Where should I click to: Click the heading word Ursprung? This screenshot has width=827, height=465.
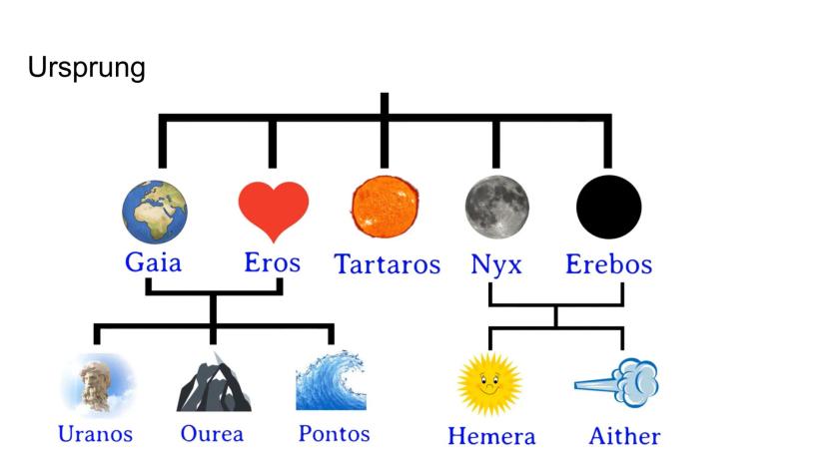[x=87, y=69]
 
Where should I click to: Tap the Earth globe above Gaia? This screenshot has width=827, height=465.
[x=155, y=212]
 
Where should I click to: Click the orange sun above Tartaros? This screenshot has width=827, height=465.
[x=385, y=207]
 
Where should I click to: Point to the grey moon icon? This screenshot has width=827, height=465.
[x=496, y=207]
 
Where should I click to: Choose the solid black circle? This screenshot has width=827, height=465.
[x=608, y=207]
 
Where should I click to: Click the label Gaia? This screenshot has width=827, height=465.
[x=153, y=262]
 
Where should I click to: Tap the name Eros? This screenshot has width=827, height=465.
[x=272, y=262]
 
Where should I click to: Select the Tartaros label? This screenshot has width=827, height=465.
[x=388, y=264]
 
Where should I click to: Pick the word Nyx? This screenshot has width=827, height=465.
[x=496, y=265]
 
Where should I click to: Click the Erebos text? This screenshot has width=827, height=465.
[x=608, y=264]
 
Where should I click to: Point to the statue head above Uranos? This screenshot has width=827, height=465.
[x=98, y=384]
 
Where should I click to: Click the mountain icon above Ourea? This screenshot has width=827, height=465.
[x=214, y=382]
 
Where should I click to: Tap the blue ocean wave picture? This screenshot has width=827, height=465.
[x=332, y=380]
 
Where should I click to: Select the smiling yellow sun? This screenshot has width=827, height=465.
[x=490, y=385]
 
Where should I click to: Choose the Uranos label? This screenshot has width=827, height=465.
[x=96, y=434]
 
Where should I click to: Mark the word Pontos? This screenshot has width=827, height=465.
[x=335, y=434]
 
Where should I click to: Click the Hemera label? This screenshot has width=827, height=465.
[x=491, y=436]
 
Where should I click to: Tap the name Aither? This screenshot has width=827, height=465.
[x=624, y=436]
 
